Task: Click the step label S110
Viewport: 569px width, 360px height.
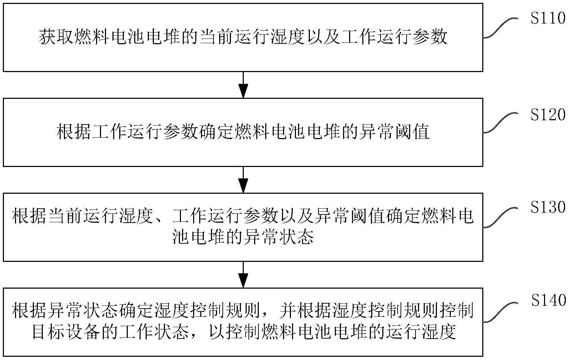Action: click(x=548, y=18)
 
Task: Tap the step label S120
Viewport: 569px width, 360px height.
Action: click(x=548, y=115)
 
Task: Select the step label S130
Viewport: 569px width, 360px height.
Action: click(x=548, y=207)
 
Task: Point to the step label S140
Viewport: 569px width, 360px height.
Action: click(x=548, y=301)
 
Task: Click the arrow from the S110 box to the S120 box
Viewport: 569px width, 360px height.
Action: click(x=243, y=85)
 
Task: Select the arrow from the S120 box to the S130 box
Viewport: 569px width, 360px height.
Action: click(x=243, y=180)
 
